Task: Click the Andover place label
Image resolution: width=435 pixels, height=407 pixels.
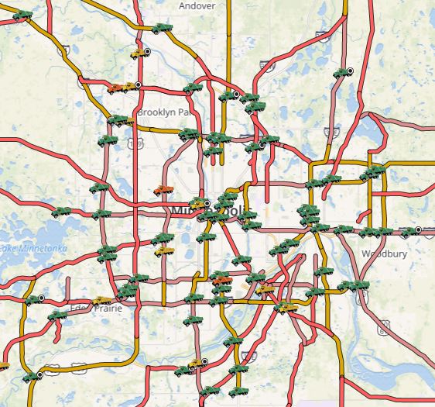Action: click(x=197, y=5)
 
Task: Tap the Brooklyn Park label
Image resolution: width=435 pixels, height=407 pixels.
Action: click(x=163, y=112)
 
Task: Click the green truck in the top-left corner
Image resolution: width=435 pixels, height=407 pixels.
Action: click(x=23, y=15)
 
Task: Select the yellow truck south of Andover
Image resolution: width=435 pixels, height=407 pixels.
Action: click(x=139, y=53)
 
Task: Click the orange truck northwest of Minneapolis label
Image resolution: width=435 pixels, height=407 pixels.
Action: click(x=163, y=190)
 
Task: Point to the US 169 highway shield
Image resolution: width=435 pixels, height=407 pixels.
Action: click(x=136, y=143)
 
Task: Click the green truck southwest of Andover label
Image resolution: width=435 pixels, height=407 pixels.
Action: click(x=161, y=28)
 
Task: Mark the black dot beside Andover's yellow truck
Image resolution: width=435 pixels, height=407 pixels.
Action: click(x=147, y=50)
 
